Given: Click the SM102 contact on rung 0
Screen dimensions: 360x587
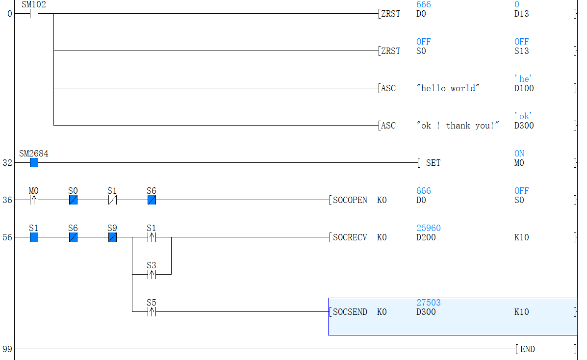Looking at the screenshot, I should pos(34,14).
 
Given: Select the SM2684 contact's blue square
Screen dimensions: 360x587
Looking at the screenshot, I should pos(34,163).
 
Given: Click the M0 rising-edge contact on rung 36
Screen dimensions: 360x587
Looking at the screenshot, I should pos(34,200).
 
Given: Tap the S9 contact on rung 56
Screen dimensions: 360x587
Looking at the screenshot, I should pos(112,237).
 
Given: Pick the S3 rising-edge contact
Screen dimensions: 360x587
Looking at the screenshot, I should pos(152,275).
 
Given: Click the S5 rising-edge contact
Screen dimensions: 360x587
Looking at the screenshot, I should pos(152,312).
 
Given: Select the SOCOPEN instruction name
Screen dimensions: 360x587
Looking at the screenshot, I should pos(350,200).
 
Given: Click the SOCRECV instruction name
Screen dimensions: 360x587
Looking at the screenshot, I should pos(350,237).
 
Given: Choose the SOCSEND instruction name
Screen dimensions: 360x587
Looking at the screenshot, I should pos(350,312).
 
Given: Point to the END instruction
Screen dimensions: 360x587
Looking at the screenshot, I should pos(527,349).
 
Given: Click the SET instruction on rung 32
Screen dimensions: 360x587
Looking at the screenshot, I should pos(433,163).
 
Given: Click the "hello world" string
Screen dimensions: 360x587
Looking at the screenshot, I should pos(448,88).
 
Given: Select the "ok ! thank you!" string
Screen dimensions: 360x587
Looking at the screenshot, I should pos(458,126).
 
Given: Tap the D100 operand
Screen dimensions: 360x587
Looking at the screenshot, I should pos(524,88).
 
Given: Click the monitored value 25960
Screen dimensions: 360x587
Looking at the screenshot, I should pos(428,228).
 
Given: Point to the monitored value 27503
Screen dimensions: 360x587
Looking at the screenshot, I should pos(428,303).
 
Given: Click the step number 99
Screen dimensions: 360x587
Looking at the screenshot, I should pos(7,349).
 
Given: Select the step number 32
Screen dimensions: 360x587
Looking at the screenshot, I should pos(7,163).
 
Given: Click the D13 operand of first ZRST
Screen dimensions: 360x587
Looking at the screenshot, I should pos(521,14).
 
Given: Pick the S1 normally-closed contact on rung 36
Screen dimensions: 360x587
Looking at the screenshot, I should pos(112,200).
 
